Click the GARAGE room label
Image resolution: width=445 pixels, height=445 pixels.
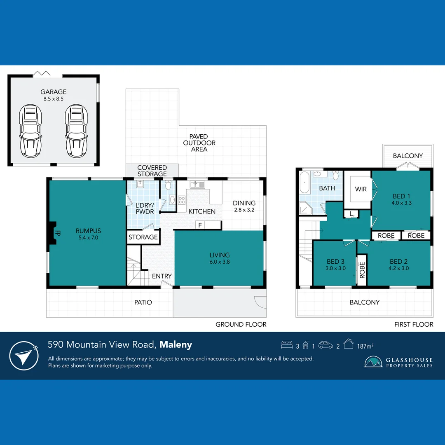coord(53,92)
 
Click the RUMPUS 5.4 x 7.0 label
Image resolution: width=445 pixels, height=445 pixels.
coord(88,234)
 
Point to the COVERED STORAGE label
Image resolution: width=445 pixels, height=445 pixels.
coord(152,171)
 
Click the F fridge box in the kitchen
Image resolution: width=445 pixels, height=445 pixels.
coord(200,225)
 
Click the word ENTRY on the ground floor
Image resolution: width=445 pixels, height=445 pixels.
coord(162,276)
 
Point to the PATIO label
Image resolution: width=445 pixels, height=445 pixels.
coord(143,302)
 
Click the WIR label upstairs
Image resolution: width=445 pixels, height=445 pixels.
coord(361,189)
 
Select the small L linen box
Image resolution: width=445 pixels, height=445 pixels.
coord(351,214)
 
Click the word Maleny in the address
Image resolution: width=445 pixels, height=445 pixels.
coord(176,344)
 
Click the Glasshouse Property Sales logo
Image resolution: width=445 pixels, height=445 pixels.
coord(398,362)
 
